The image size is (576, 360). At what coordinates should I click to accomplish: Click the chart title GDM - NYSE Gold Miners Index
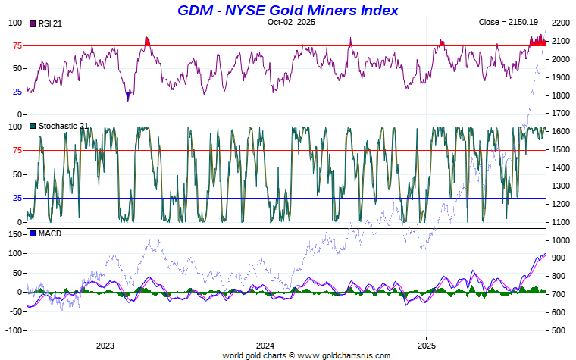(x=288, y=10)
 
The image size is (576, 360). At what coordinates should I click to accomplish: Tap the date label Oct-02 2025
(x=291, y=22)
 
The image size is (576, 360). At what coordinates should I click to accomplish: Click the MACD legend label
(x=49, y=233)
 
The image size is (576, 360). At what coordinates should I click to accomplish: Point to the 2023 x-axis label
(x=105, y=345)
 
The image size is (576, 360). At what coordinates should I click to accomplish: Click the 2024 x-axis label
(x=265, y=345)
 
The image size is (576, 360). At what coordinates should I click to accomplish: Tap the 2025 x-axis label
(x=426, y=345)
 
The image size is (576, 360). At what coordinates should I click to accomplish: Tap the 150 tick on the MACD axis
(x=14, y=234)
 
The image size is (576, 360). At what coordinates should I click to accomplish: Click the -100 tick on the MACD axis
(x=13, y=330)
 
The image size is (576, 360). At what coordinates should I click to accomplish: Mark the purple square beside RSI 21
(x=32, y=23)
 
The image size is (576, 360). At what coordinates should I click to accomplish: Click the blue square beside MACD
(x=32, y=233)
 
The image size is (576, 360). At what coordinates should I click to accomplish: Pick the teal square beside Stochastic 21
(x=32, y=126)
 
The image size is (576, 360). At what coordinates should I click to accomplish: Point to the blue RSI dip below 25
(x=127, y=96)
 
